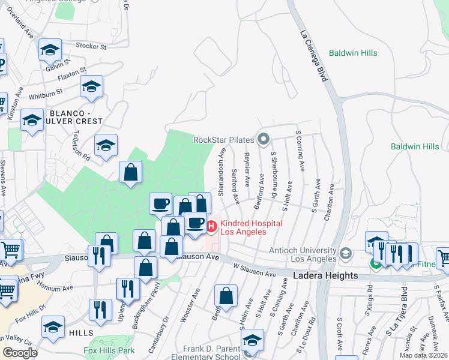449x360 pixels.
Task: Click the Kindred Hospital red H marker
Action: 211,226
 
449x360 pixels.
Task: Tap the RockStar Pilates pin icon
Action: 263,140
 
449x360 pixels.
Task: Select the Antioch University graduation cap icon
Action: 345,253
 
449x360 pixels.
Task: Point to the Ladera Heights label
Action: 325,276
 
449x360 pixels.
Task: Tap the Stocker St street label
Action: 91,46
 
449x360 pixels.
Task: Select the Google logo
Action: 20,353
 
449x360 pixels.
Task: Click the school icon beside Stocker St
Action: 50,50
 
